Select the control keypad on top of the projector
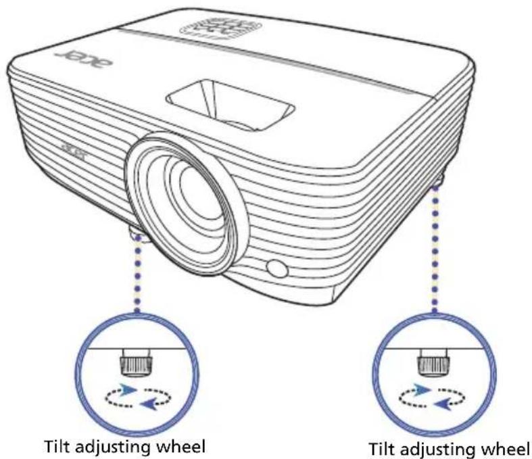coord(220,28)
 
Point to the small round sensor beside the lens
coord(277,268)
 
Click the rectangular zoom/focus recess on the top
coord(231,105)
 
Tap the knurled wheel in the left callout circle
coord(136,362)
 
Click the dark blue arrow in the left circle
coord(148,404)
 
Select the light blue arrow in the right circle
coord(422,391)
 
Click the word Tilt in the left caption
coord(57,445)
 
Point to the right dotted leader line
coord(435,249)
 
